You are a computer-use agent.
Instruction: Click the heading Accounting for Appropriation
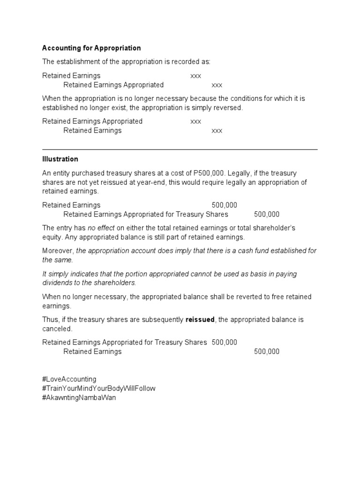point(91,48)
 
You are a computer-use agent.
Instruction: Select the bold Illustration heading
point(60,159)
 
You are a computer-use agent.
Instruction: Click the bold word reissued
point(200,320)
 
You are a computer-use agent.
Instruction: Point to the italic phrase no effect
point(100,228)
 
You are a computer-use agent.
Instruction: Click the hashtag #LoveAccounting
point(69,379)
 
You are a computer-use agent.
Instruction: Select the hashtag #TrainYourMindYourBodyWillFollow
point(98,389)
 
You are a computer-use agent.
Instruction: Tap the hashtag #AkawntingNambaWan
point(79,398)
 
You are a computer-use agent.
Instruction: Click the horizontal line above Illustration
point(180,150)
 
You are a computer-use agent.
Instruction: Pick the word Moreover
point(58,251)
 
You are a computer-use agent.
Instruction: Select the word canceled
point(57,329)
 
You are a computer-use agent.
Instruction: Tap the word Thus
point(50,320)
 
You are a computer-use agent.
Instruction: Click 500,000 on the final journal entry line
point(267,352)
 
